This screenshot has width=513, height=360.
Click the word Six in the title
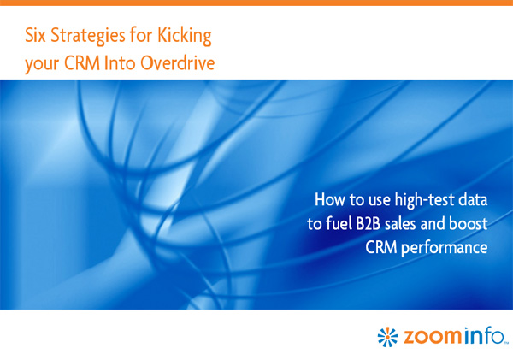click(35, 35)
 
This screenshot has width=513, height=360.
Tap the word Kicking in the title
click(185, 36)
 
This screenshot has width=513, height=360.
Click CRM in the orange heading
click(82, 62)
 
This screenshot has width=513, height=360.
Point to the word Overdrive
click(178, 62)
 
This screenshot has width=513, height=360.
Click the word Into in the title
click(120, 62)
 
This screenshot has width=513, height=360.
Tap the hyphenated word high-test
click(424, 200)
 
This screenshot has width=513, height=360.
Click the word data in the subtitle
click(473, 199)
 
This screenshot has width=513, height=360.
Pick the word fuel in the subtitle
click(339, 223)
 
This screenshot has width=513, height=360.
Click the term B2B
click(368, 224)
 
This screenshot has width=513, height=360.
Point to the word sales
click(400, 223)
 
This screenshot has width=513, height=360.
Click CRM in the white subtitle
click(380, 247)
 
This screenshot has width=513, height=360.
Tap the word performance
click(445, 248)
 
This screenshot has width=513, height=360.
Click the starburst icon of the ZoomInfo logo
click(387, 337)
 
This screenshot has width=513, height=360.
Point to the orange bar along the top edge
click(256, 3)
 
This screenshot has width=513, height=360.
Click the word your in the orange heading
click(42, 64)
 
